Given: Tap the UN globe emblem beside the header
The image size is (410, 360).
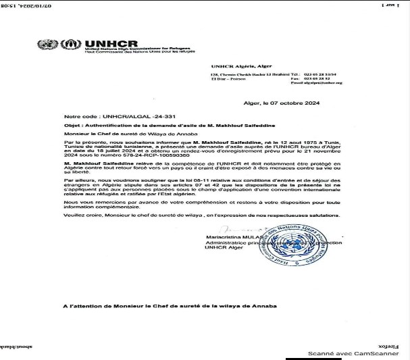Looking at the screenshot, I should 47,46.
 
